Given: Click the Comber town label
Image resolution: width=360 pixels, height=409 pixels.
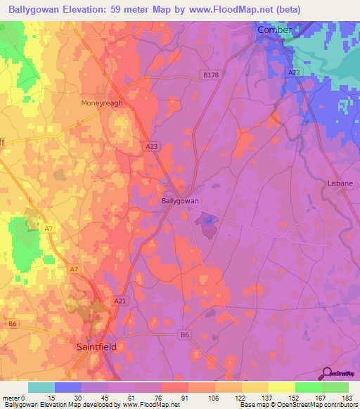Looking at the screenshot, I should [x=274, y=30].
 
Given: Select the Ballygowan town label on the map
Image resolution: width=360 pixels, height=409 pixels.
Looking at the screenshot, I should [x=180, y=201].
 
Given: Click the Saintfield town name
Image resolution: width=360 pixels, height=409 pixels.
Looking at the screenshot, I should [x=97, y=346].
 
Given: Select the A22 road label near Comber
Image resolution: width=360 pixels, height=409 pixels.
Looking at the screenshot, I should [x=294, y=72].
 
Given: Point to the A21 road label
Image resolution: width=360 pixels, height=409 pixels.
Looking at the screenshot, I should [x=120, y=300].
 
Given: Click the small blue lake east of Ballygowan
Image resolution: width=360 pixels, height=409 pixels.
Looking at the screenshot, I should [x=209, y=223].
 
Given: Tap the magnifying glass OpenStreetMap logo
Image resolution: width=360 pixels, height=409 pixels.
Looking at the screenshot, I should [x=327, y=375].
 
